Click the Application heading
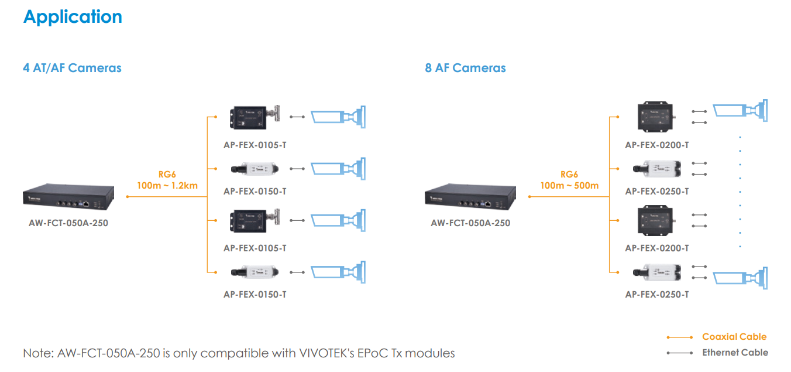click(73, 17)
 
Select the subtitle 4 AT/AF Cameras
click(72, 68)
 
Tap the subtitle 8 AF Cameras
click(465, 68)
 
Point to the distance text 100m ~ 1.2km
click(167, 186)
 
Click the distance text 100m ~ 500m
click(569, 186)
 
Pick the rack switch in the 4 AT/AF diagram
click(68, 198)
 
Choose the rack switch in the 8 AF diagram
click(470, 198)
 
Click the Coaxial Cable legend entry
click(734, 337)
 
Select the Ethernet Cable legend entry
click(735, 353)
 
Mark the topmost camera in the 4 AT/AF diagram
click(338, 115)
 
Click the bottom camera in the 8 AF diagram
click(741, 276)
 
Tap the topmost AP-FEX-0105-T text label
click(255, 145)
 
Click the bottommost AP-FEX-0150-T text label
click(255, 295)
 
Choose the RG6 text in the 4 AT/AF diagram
click(167, 175)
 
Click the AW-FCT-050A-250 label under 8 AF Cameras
click(470, 223)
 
